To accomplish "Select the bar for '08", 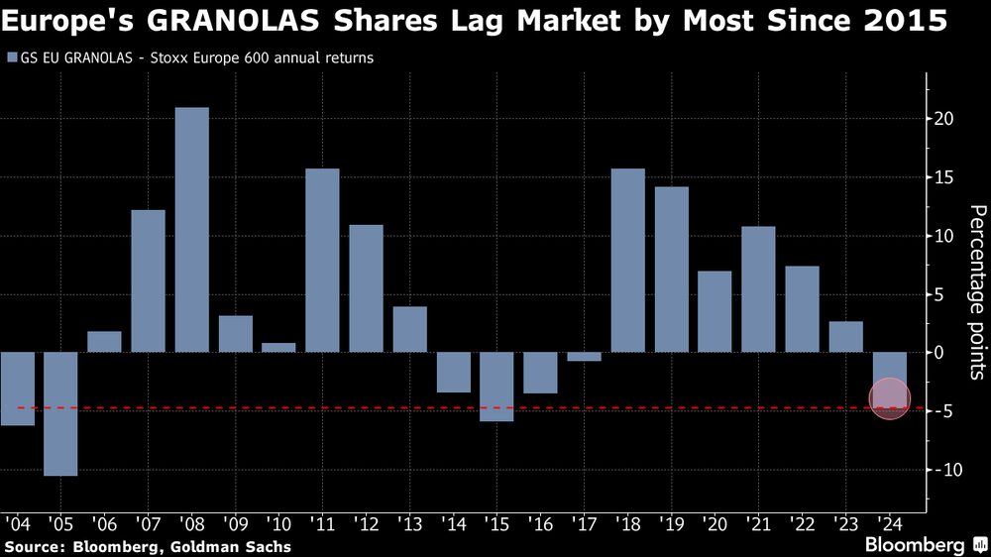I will coord(192,230).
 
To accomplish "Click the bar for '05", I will coord(60,413).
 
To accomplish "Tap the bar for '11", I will coord(323,261).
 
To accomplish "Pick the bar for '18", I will coord(628,261).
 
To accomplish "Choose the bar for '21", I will coord(759,289).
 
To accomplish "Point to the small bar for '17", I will coord(585,357).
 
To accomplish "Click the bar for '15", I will coord(497,387).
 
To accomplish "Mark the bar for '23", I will coord(846,337).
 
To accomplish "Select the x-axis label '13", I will coord(408,522).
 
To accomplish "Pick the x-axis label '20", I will coord(714,522).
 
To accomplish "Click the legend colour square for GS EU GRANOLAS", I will coord(11,58).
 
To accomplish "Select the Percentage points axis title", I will coord(977,292).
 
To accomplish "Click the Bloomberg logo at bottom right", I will coord(921,544).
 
